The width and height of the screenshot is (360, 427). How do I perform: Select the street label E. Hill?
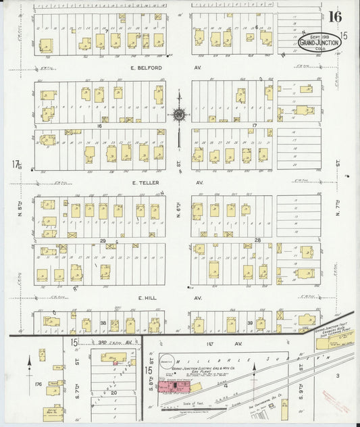[x=147, y=297]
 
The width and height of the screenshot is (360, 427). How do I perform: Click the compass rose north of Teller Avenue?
[x=178, y=116]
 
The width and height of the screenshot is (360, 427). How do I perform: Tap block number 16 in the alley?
[x=99, y=126]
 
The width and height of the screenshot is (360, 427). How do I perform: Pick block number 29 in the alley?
[x=103, y=241]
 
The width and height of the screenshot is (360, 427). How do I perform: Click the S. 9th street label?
[x=299, y=368]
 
